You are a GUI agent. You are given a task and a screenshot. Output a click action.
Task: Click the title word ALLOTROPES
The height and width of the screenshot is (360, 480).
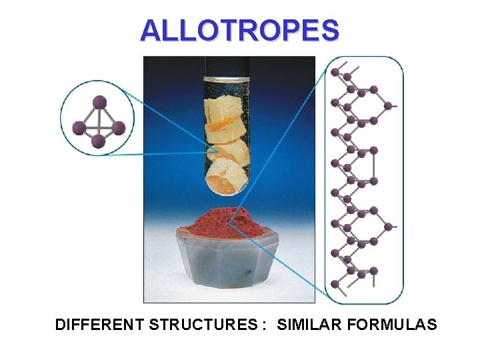(x=239, y=30)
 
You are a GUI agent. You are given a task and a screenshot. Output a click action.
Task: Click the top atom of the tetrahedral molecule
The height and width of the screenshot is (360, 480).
(x=99, y=102)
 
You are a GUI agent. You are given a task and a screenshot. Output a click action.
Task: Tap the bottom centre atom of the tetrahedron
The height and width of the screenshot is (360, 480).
(x=98, y=141)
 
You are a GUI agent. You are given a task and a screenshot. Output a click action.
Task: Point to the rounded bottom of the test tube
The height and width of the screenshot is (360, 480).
(x=227, y=190)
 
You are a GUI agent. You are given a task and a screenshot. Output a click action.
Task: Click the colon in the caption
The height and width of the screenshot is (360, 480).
(x=265, y=326)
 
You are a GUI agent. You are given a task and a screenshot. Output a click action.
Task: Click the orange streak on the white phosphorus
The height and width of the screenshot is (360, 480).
(x=221, y=125)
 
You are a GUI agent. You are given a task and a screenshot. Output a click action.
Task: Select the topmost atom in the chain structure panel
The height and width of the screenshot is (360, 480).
(x=335, y=70)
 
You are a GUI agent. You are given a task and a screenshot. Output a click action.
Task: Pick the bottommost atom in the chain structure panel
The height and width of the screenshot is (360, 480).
(x=335, y=284)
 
